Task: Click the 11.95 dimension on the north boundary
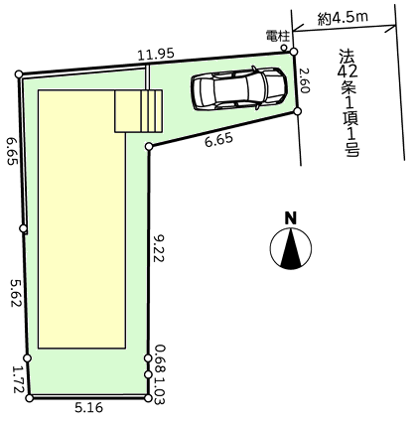pos(156,55)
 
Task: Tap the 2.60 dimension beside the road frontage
pos(304,81)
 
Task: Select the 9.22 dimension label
pos(159,248)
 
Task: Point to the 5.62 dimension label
pos(16,293)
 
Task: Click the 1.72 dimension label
pos(19,379)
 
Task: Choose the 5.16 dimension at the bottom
pos(88,407)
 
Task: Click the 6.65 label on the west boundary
pos(12,151)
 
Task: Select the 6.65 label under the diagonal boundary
pos(218,141)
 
